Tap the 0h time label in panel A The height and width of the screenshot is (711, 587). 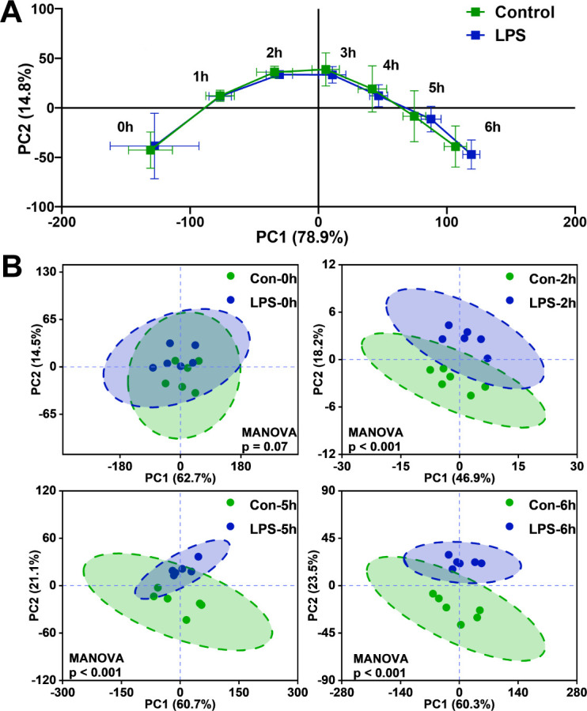coord(125,127)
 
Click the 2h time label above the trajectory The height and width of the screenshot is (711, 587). coord(274,52)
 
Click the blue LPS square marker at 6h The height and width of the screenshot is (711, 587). coord(471,154)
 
